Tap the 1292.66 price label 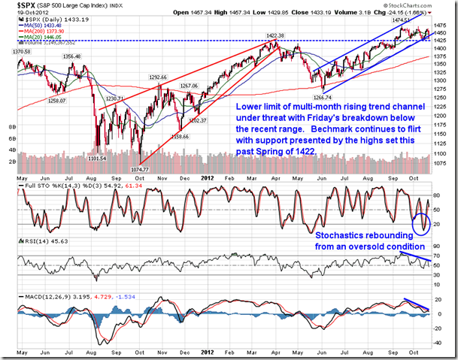tap(156, 76)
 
